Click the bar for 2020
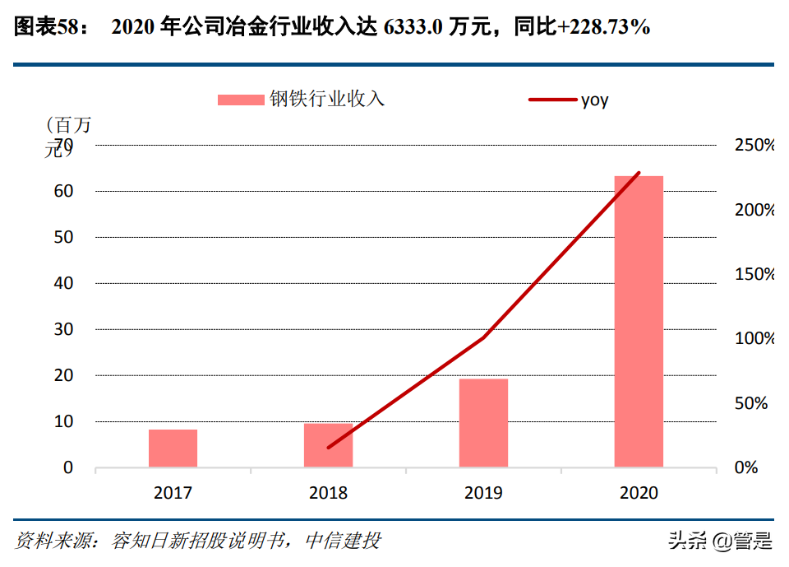(639, 321)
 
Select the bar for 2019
(483, 423)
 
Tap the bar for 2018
(328, 445)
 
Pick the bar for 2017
(173, 448)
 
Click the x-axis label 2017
(173, 493)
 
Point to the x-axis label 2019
(483, 493)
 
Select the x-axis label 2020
(639, 493)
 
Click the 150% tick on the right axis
(753, 274)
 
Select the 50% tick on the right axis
(750, 403)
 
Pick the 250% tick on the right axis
(753, 145)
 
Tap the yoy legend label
(595, 100)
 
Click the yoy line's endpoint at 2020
(639, 173)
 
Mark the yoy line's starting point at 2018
(328, 448)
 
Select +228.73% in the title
(603, 27)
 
